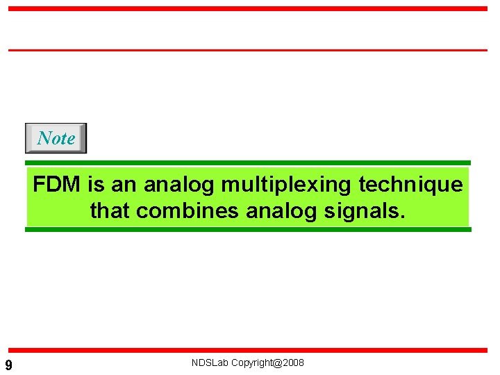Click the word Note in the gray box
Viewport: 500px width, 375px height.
tap(56, 138)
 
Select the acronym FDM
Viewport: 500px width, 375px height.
tap(57, 185)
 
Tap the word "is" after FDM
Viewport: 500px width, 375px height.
tap(96, 185)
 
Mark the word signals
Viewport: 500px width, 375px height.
tap(362, 210)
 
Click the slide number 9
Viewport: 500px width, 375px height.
tap(8, 365)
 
